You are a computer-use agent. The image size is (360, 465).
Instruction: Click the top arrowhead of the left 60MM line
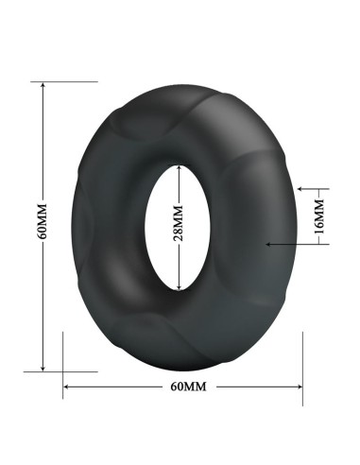click(43, 85)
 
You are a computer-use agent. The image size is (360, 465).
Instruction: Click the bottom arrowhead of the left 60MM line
click(43, 368)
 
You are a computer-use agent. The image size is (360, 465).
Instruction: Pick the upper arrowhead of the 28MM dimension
click(179, 167)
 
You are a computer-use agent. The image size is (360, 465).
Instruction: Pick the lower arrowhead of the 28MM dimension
click(179, 285)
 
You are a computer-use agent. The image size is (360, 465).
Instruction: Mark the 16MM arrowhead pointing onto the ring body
click(271, 244)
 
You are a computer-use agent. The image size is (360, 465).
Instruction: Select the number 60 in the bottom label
click(177, 387)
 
